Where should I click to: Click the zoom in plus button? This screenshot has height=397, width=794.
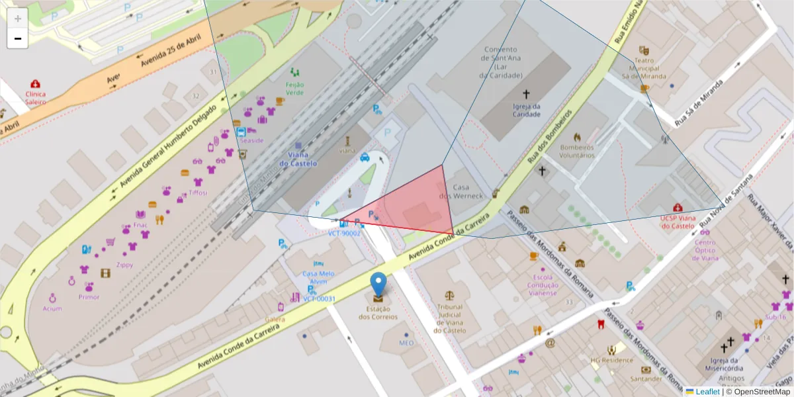(x=18, y=19)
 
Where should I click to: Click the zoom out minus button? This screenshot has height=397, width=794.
(x=18, y=38)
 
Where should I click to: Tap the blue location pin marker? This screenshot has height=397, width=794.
(x=378, y=284)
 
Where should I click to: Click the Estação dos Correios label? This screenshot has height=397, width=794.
(x=378, y=312)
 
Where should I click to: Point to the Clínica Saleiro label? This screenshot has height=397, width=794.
(x=36, y=98)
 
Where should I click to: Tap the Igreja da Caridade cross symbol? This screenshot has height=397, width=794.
(x=527, y=94)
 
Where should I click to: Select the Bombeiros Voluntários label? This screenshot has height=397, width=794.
(x=577, y=151)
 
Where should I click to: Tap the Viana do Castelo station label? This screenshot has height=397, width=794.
(x=298, y=159)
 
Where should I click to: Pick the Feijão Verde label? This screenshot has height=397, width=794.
(x=294, y=88)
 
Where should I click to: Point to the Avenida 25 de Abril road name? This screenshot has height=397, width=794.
(x=169, y=52)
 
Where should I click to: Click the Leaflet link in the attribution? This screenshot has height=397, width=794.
(x=707, y=392)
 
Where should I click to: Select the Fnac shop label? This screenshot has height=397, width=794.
(x=140, y=225)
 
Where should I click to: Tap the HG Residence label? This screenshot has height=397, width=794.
(x=612, y=361)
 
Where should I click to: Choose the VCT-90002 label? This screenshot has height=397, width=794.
(x=344, y=233)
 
